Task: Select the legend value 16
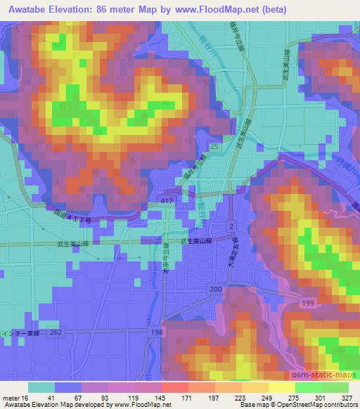tap(25, 397)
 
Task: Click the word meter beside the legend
tap(11, 397)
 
